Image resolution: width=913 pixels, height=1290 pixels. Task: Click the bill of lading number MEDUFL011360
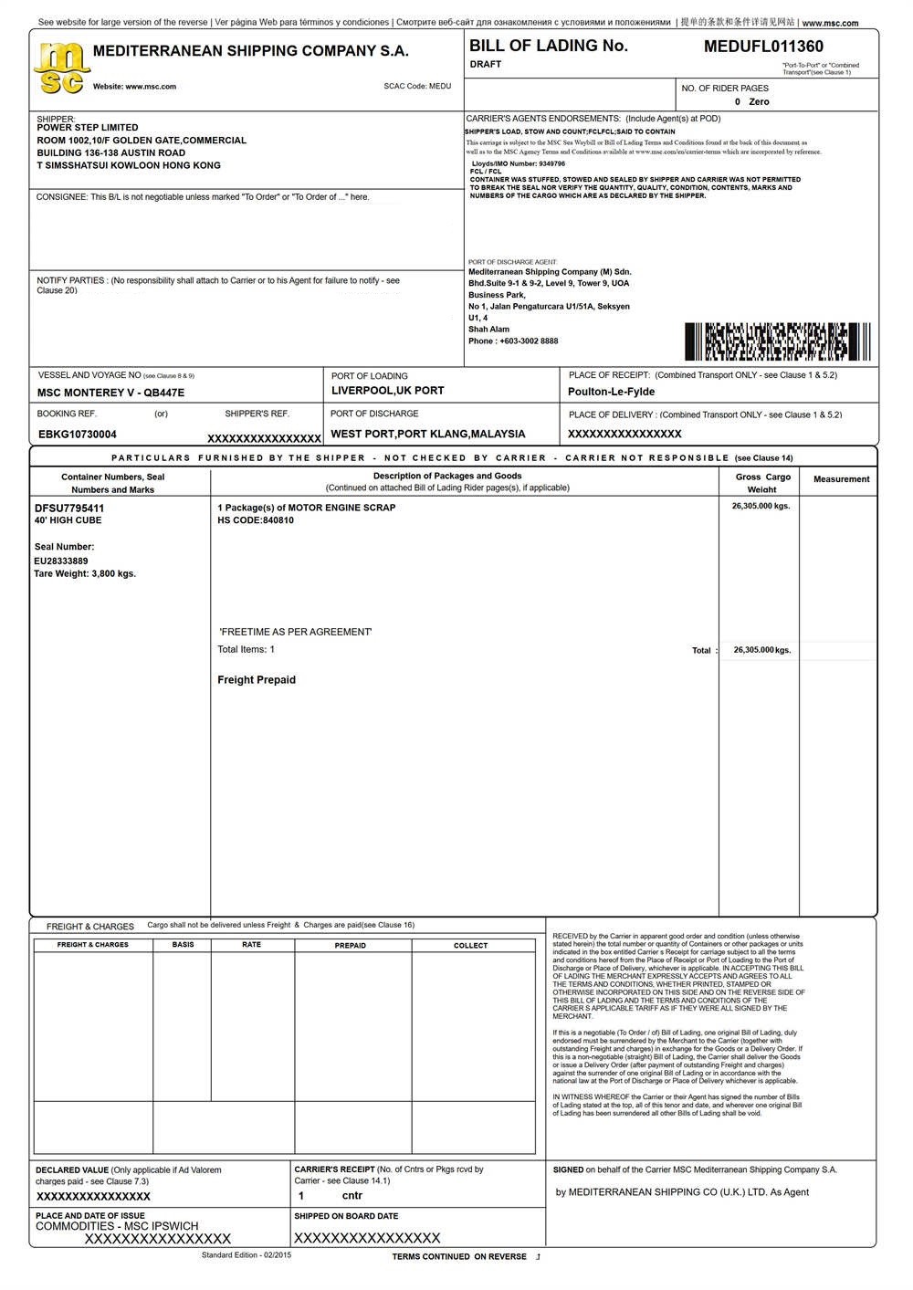(x=763, y=47)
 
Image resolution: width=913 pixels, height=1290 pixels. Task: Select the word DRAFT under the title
(x=486, y=65)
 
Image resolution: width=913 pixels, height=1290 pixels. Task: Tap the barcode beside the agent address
(x=777, y=341)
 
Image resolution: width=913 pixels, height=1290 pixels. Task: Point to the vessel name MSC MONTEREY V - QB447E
(x=110, y=393)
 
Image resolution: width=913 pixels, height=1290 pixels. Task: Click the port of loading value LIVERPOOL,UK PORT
(x=387, y=391)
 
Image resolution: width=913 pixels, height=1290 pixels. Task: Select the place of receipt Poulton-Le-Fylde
(x=611, y=392)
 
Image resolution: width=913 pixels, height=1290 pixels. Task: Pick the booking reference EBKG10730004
(x=78, y=435)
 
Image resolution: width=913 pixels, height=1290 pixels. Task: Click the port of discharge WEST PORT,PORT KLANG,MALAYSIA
(x=427, y=435)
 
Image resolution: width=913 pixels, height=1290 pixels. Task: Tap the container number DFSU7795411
(x=69, y=508)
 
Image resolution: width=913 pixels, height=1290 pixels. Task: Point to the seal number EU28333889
(x=61, y=561)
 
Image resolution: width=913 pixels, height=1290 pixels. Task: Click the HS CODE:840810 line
(x=256, y=520)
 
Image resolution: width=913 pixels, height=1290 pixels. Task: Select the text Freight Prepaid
(x=257, y=680)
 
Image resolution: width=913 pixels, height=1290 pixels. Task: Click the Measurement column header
(x=841, y=479)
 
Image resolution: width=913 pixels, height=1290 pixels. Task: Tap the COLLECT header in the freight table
(x=470, y=946)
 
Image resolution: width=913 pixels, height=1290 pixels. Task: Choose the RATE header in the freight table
(x=251, y=945)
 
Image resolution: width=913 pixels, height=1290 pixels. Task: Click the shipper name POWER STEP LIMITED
(x=88, y=128)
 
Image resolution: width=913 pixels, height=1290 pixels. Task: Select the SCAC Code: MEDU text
(x=417, y=87)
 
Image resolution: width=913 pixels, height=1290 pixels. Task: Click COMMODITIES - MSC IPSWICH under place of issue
(x=117, y=1226)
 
